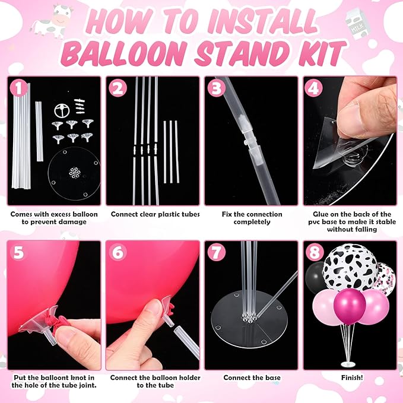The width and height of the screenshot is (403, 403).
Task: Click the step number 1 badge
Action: point(18,88)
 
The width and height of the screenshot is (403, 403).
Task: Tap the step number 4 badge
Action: point(313,88)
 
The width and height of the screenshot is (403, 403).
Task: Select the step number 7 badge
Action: point(217,252)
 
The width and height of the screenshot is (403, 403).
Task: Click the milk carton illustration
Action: point(357,24)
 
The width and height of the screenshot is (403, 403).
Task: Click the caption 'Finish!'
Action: point(352,377)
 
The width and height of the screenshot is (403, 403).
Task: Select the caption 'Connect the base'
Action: point(252,377)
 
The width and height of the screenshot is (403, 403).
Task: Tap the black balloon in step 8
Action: point(315,277)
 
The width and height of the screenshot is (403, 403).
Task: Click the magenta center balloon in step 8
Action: point(350,306)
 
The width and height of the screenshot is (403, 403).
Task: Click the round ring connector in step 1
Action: point(62,110)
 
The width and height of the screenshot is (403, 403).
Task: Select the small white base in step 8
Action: point(348,364)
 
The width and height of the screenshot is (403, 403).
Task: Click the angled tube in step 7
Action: point(278,294)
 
